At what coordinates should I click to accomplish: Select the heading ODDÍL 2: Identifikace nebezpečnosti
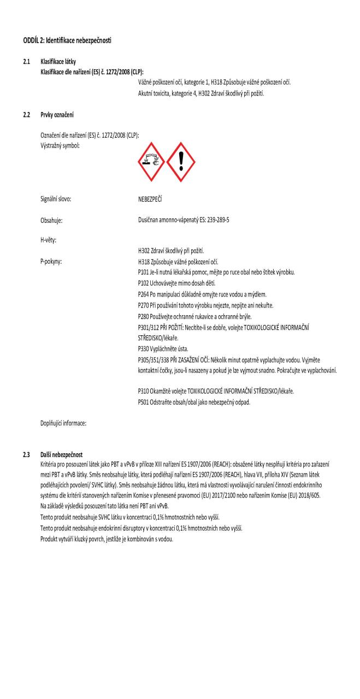[67, 42]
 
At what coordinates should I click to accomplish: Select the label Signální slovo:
[56, 199]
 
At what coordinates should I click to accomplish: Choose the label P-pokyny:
[51, 261]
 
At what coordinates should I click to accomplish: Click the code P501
[145, 403]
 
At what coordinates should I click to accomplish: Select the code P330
[145, 348]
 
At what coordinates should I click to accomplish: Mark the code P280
[145, 316]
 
